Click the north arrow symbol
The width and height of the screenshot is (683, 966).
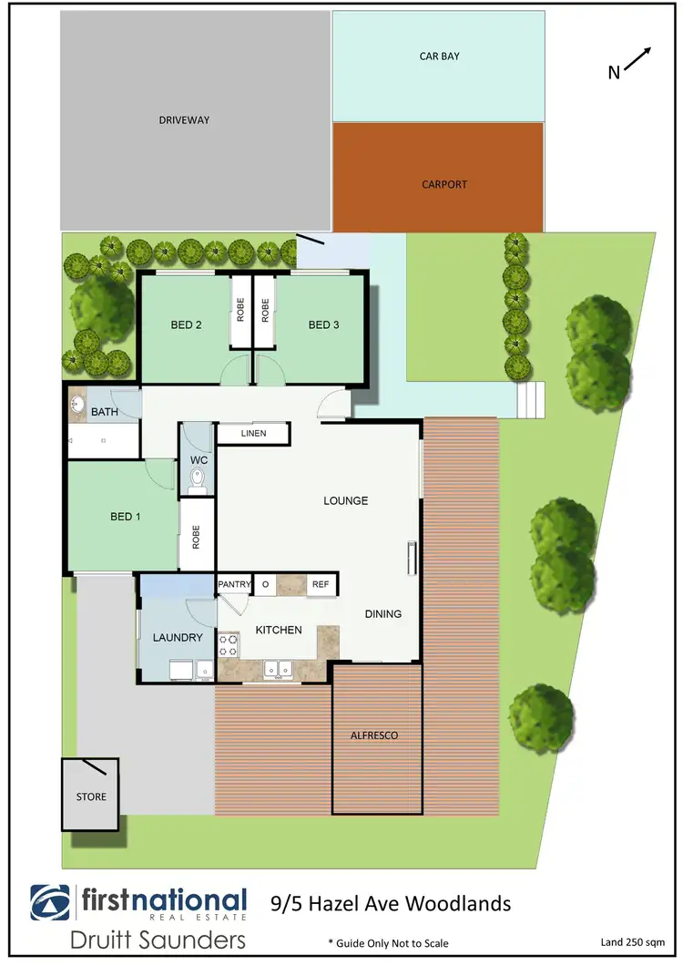[x=637, y=60]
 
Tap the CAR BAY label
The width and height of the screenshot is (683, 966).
[x=439, y=56]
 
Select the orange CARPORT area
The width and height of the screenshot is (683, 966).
[x=439, y=179]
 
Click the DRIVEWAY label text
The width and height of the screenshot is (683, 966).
[x=184, y=119]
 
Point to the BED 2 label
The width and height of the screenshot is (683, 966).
[x=186, y=324]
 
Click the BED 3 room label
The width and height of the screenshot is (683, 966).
[x=323, y=324]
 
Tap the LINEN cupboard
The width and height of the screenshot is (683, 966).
[x=253, y=433]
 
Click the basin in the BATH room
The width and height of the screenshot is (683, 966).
[x=77, y=402]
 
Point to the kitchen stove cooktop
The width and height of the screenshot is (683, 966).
[x=229, y=646]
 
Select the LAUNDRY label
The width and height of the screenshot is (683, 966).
[x=177, y=638]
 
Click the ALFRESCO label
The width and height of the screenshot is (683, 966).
[x=375, y=735]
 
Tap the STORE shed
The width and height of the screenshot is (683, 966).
[x=90, y=795]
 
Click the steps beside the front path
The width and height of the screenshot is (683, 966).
[x=531, y=398]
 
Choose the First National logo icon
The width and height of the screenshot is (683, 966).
[x=52, y=903]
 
